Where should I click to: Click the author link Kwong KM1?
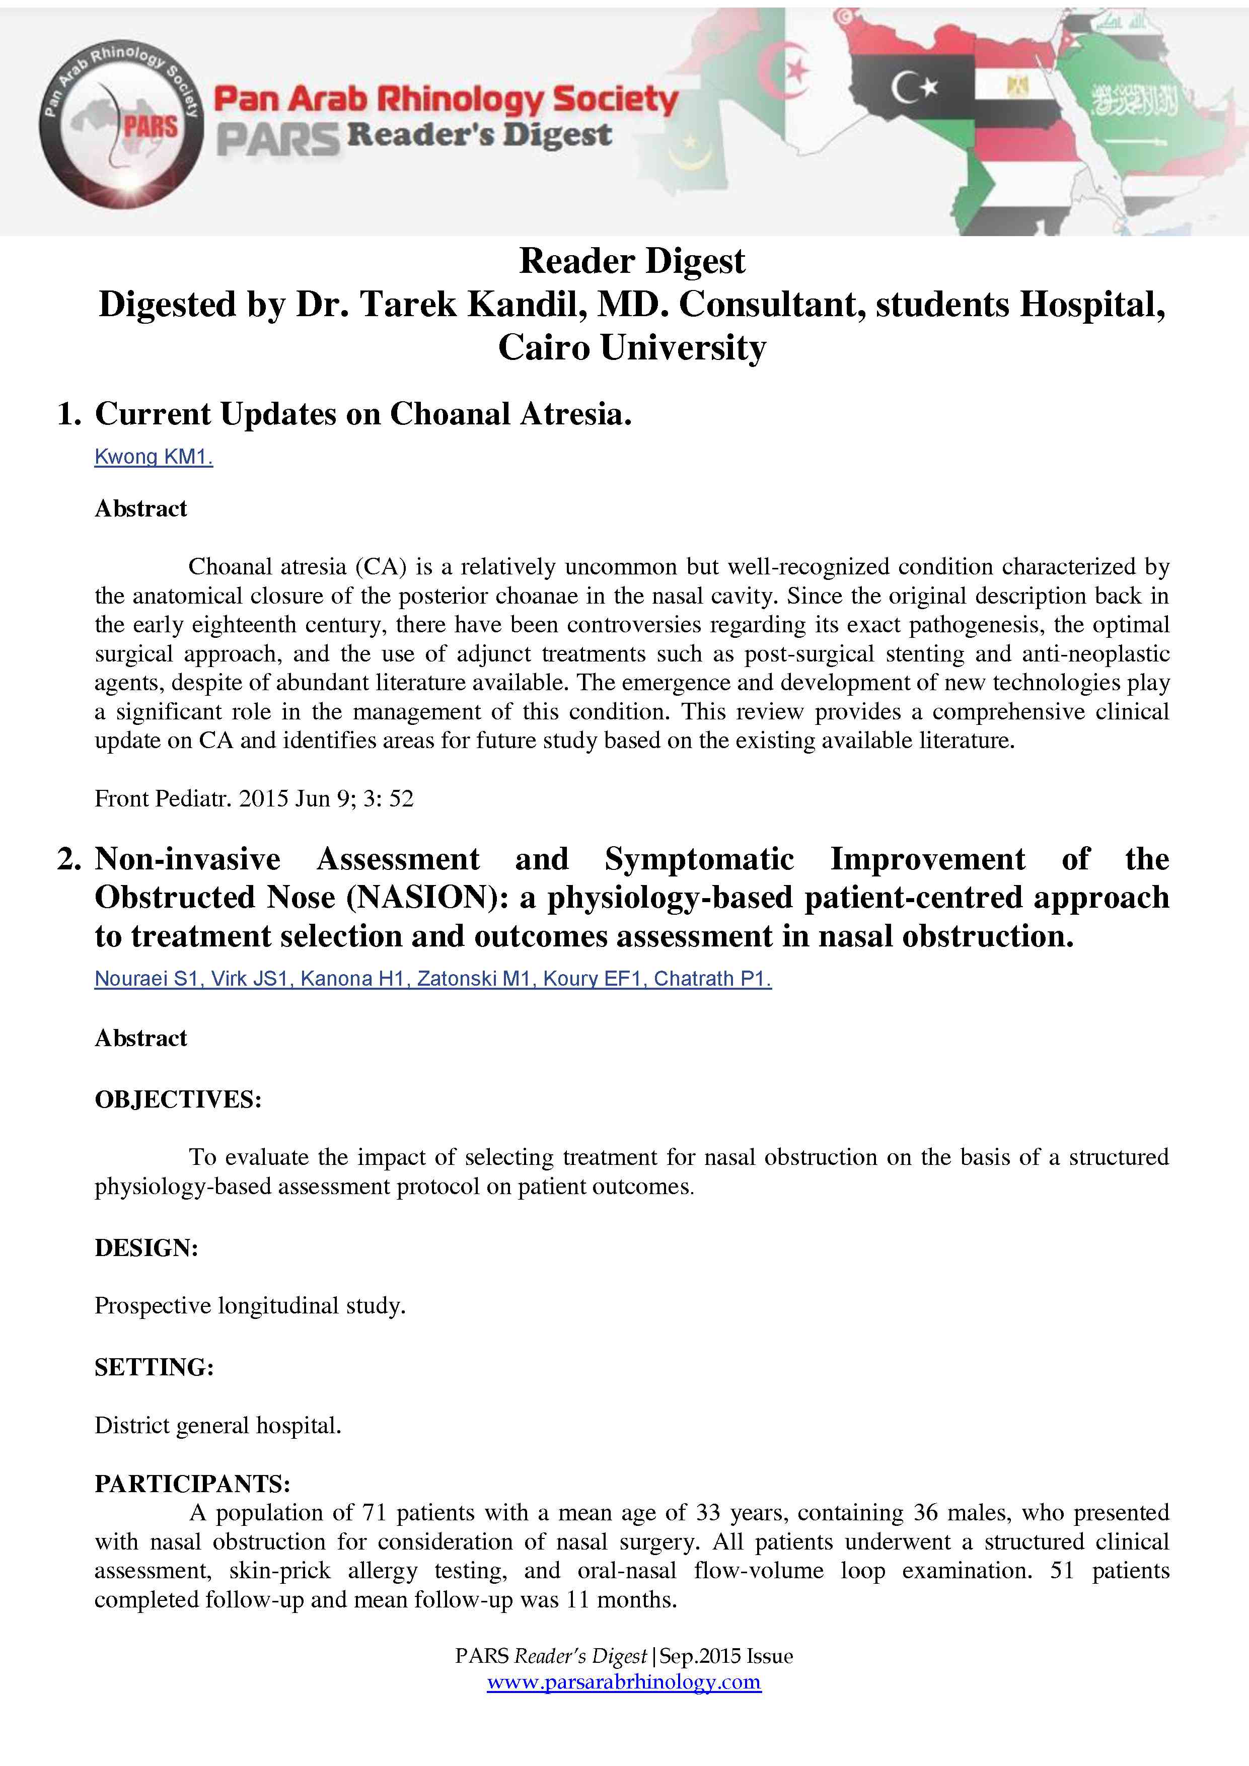(x=153, y=457)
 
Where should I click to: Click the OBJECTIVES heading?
(x=178, y=1099)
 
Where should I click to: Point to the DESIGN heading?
(x=146, y=1247)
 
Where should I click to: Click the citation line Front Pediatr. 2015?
(x=254, y=798)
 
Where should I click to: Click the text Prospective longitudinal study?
(x=250, y=1306)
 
